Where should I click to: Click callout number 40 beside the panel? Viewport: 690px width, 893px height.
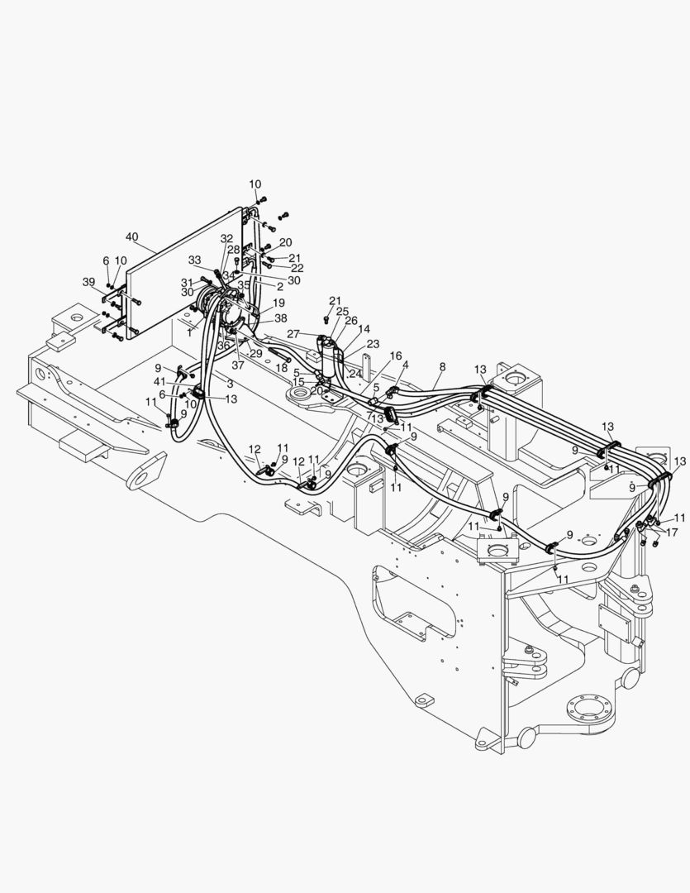133,236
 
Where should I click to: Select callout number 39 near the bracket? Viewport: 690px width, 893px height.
88,282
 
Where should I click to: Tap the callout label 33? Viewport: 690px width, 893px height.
194,260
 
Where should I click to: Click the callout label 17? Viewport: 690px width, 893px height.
672,532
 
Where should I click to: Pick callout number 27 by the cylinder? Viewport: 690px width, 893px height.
292,333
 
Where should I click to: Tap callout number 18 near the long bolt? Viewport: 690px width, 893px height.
282,367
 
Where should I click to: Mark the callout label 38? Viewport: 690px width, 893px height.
281,318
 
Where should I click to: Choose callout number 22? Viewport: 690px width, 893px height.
297,268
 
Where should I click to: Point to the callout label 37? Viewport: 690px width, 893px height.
237,365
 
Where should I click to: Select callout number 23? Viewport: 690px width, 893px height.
373,343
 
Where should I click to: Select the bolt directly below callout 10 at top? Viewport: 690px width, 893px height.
260,199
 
